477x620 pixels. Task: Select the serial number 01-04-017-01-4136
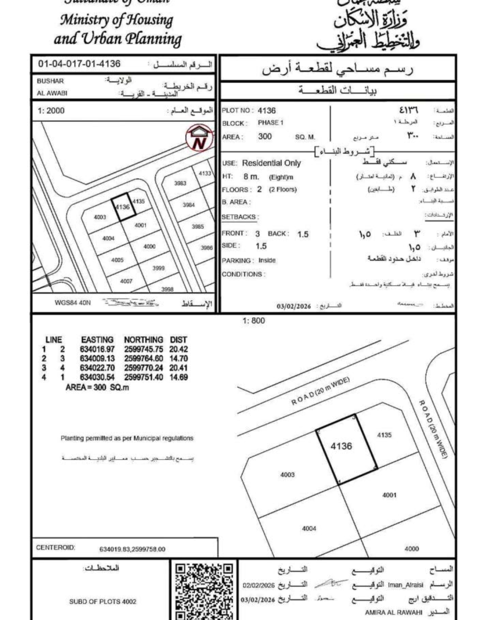pyautogui.click(x=79, y=64)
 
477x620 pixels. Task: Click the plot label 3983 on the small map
pyautogui.click(x=180, y=183)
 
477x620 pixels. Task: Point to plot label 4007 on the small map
pyautogui.click(x=126, y=281)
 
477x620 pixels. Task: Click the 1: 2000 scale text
pyautogui.click(x=51, y=110)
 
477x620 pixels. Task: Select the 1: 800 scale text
pyautogui.click(x=254, y=321)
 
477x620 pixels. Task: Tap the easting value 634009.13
pyautogui.click(x=97, y=358)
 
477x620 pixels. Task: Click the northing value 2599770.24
pyautogui.click(x=144, y=368)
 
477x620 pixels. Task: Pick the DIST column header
pyautogui.click(x=178, y=340)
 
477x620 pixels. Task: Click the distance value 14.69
pyautogui.click(x=178, y=377)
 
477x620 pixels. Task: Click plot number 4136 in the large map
pyautogui.click(x=341, y=446)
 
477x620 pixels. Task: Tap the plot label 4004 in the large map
pyautogui.click(x=309, y=528)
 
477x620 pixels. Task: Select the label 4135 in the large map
pyautogui.click(x=384, y=435)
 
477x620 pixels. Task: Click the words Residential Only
pyautogui.click(x=271, y=163)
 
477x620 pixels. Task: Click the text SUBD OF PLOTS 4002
pyautogui.click(x=102, y=601)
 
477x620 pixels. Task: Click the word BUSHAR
pyautogui.click(x=50, y=81)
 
